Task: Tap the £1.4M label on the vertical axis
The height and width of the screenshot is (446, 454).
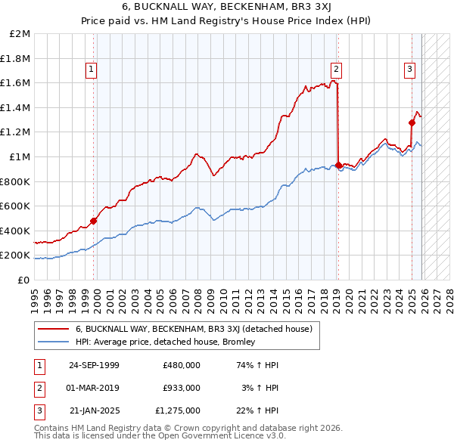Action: (x=15, y=108)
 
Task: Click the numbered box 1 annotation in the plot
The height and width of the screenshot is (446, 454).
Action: (x=91, y=70)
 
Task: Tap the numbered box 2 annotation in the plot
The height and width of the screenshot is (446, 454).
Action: (x=336, y=70)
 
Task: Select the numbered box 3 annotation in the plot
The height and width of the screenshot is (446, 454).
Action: (x=409, y=70)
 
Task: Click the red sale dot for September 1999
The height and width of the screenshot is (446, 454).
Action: (x=94, y=221)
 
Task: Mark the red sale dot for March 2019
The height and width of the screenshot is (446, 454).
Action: (x=337, y=165)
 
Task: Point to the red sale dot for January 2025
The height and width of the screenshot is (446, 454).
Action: (x=412, y=122)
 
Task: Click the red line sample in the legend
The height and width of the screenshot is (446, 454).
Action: (x=54, y=329)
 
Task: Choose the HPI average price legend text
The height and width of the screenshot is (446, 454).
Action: (x=166, y=342)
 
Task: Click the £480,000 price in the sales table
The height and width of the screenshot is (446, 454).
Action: (x=181, y=364)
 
